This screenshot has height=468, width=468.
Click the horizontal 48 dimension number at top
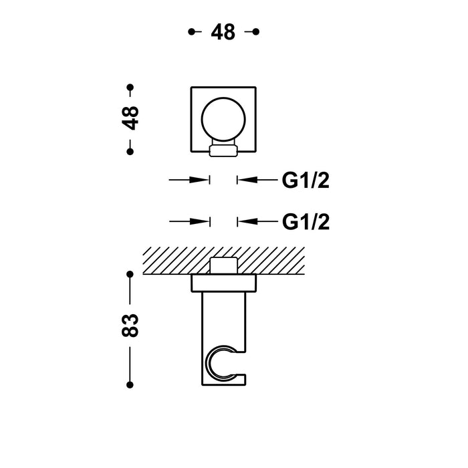[224, 31]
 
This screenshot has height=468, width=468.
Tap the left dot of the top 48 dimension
[192, 31]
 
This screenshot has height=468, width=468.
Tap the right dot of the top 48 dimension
[256, 31]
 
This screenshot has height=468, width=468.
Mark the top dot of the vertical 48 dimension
[130, 87]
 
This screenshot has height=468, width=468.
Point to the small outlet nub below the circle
[223, 150]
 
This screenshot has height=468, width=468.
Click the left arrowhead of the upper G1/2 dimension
[201, 180]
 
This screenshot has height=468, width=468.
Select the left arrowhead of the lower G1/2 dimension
[201, 221]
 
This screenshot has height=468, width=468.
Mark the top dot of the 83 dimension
[130, 273]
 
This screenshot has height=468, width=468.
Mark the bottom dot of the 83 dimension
[130, 384]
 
